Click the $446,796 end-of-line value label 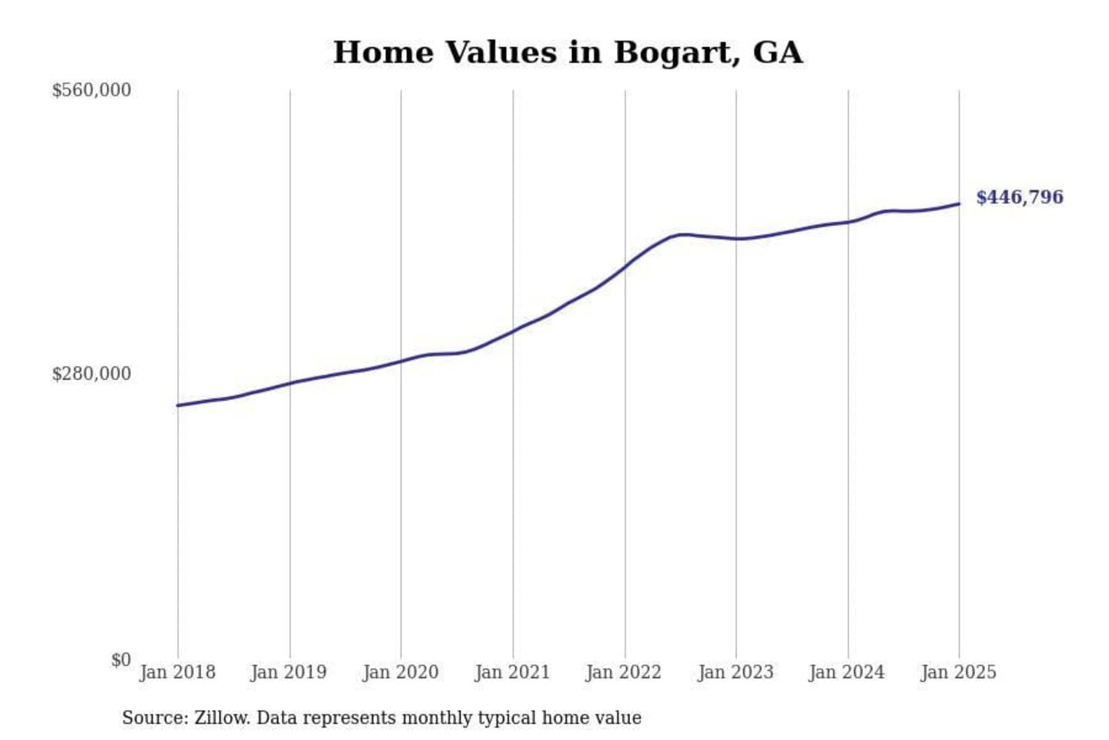[x=1019, y=197]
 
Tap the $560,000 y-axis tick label [x=91, y=90]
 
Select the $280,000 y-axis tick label [x=91, y=374]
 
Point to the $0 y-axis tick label [x=121, y=660]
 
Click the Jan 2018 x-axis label [x=177, y=672]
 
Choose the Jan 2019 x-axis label [x=289, y=672]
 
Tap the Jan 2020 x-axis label [x=400, y=672]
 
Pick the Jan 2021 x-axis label [x=512, y=672]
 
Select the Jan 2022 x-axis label [x=624, y=672]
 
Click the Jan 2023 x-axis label [x=735, y=672]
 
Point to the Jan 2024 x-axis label [x=847, y=672]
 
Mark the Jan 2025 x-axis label [x=959, y=672]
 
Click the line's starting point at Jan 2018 [x=178, y=405]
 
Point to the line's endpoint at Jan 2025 [x=959, y=203]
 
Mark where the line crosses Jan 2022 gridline [x=625, y=266]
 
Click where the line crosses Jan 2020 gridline [x=400, y=361]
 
